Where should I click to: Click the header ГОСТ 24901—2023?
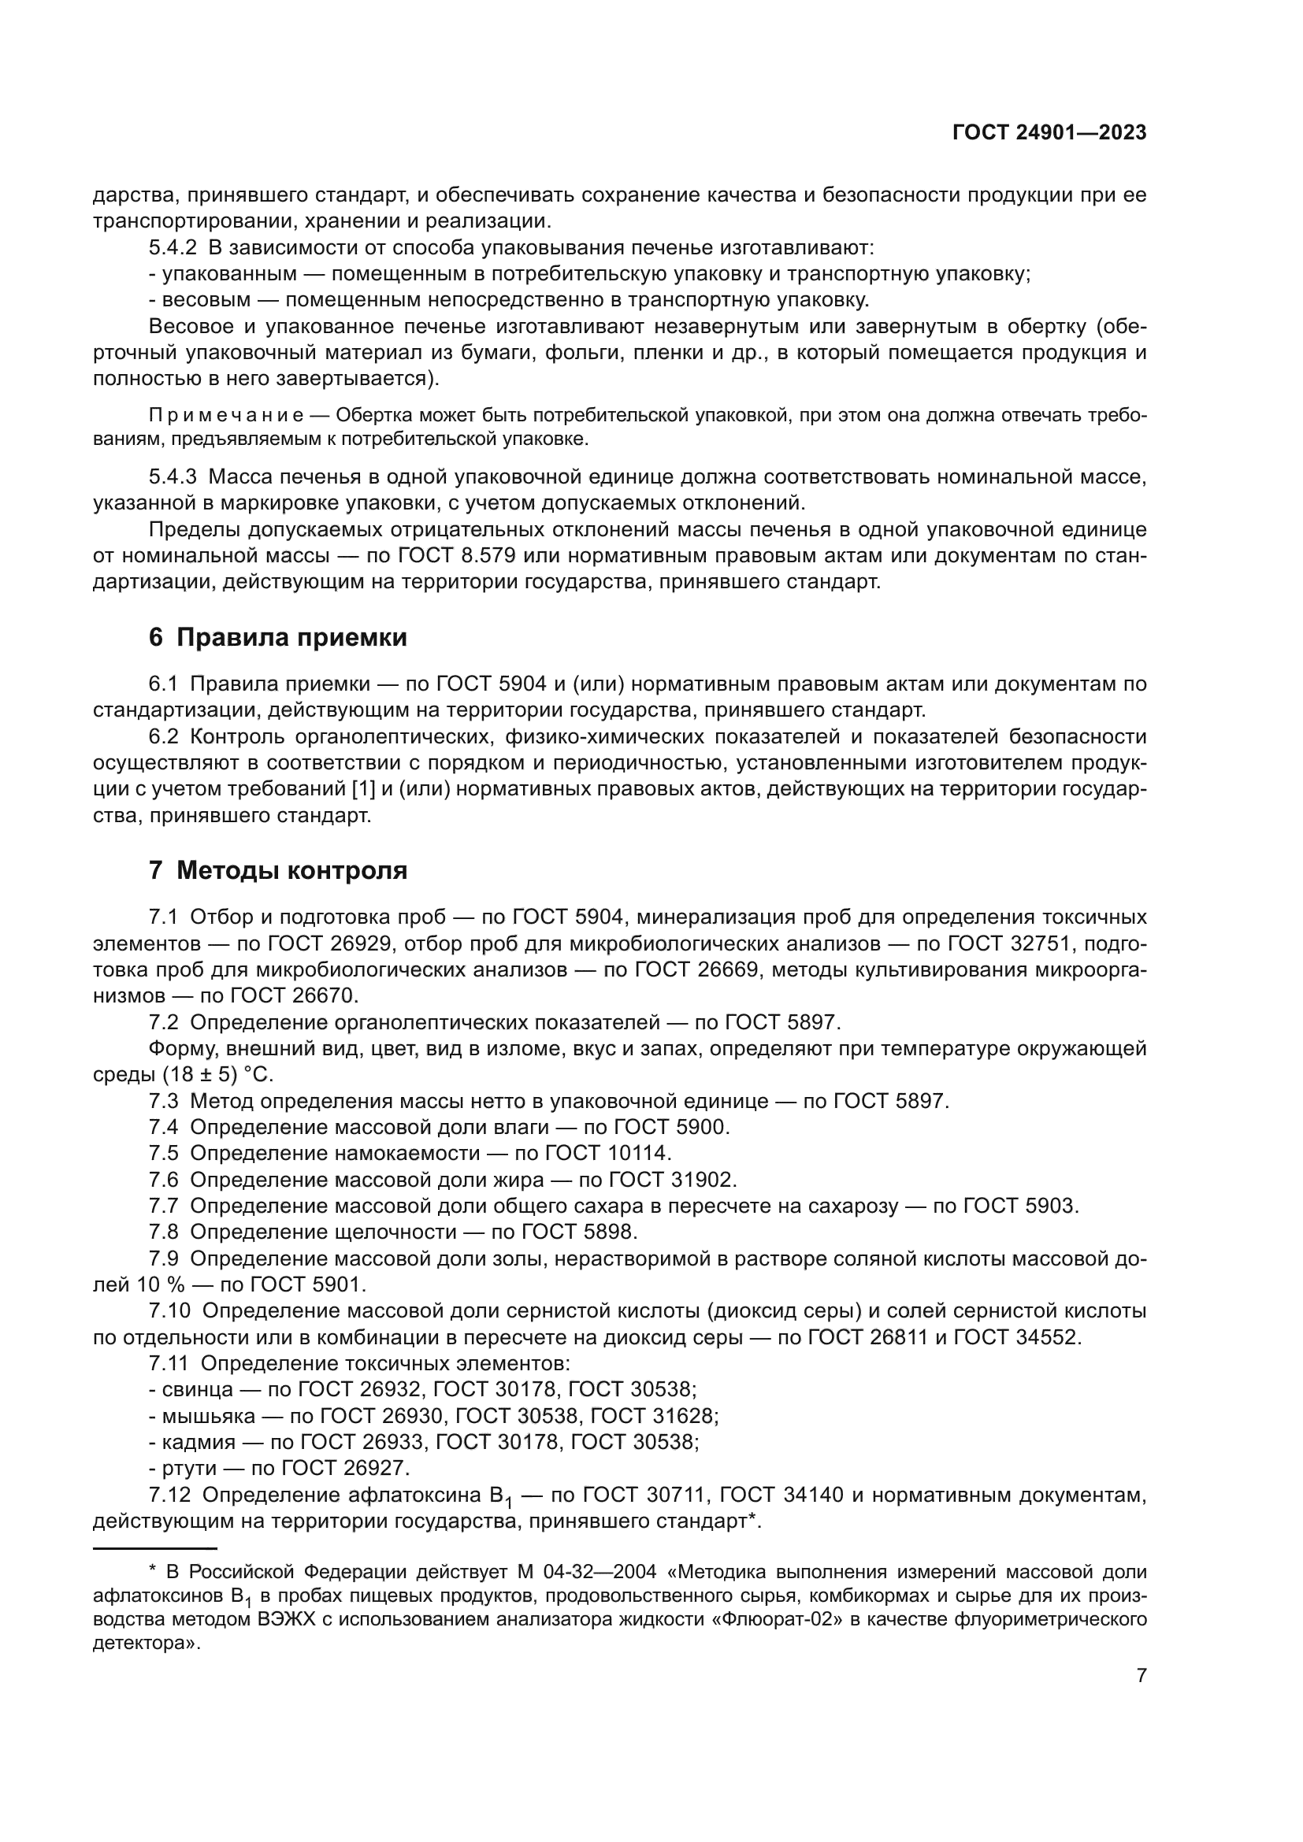[1049, 133]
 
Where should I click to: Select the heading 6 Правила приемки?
[277, 638]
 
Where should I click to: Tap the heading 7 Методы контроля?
[277, 870]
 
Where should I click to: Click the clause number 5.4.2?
[173, 248]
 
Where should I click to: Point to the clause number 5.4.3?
[173, 477]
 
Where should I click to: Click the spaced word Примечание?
[226, 416]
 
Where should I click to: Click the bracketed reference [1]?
[363, 789]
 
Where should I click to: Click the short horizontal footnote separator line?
[155, 1547]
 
